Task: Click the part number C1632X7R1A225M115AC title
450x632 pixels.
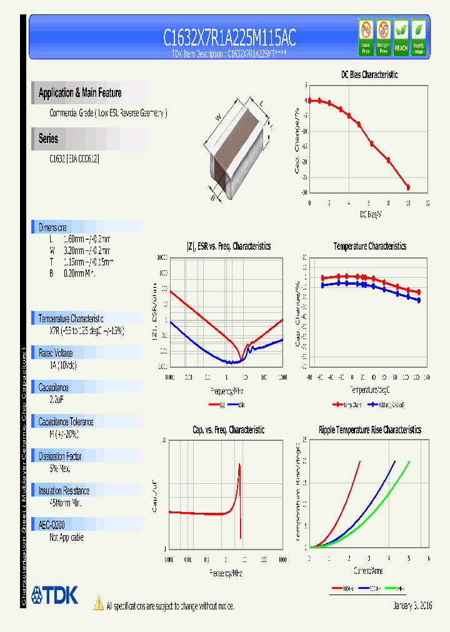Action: coord(229,38)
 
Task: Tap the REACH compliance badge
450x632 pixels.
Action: coord(401,37)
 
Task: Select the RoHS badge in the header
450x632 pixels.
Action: coord(419,37)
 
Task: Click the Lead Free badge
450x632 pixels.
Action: coord(366,37)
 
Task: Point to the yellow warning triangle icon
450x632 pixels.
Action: coord(99,603)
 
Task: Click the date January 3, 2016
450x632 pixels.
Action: coord(412,606)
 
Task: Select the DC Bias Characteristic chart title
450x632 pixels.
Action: coord(369,74)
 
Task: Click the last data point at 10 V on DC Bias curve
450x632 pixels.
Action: coord(408,187)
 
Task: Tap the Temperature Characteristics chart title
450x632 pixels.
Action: coord(369,247)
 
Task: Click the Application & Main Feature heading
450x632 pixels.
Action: coord(80,93)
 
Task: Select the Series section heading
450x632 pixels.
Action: coord(48,139)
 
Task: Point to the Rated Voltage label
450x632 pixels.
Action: coord(56,353)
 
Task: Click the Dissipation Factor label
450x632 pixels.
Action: coord(60,457)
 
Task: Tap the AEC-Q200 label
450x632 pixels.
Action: coord(52,525)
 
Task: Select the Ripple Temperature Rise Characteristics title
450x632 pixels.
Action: coord(369,430)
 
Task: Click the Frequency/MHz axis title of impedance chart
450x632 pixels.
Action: coord(226,390)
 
